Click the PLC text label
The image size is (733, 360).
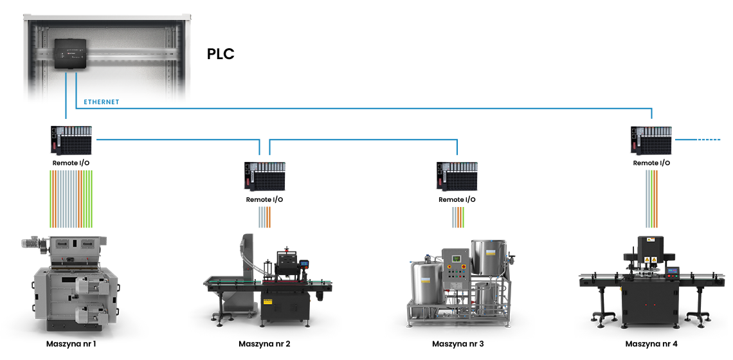[x=221, y=54]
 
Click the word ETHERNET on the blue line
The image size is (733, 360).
[x=101, y=102]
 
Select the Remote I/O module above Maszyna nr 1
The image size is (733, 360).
[x=71, y=141]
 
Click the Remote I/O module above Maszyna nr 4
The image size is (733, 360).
[x=651, y=140]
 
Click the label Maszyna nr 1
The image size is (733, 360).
[x=71, y=344]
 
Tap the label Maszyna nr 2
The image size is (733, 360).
[x=264, y=344]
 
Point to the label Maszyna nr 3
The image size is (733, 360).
[x=458, y=344]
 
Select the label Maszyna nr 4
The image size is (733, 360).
[x=651, y=344]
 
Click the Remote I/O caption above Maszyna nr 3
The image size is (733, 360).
[x=457, y=199]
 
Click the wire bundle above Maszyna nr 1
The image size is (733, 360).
[x=71, y=199]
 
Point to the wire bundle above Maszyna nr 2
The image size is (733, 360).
[x=264, y=217]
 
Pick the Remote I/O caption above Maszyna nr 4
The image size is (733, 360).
[x=651, y=163]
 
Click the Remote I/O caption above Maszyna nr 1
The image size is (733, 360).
[x=71, y=163]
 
